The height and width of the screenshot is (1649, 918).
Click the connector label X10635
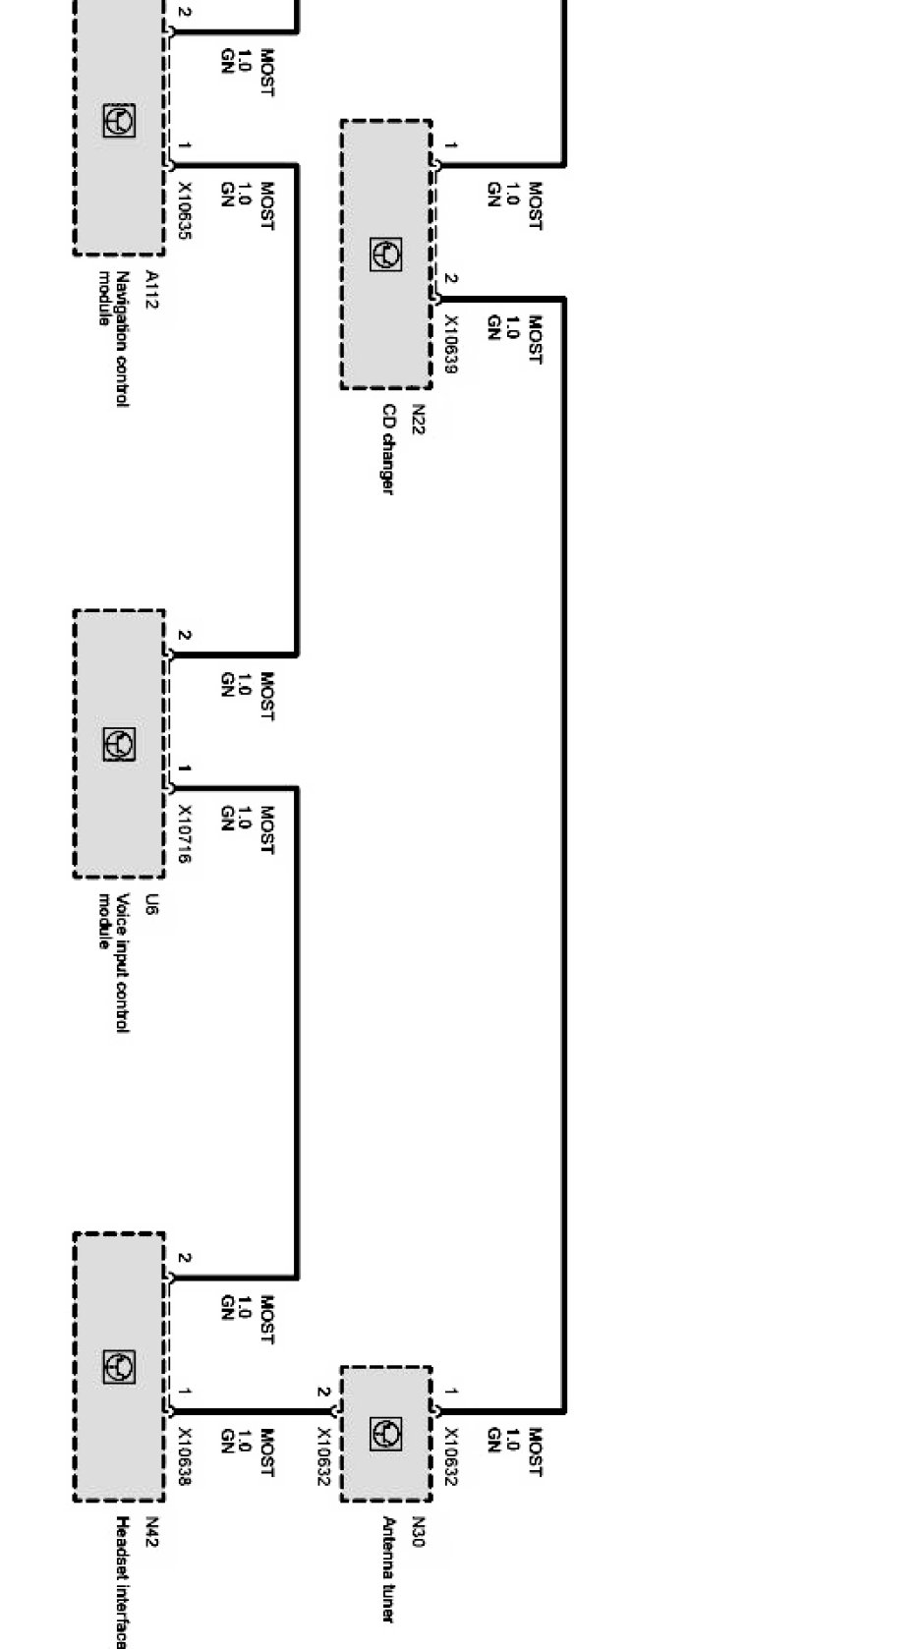pos(184,211)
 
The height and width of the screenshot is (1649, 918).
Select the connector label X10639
pos(451,344)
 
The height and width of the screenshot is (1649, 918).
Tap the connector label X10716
pos(184,834)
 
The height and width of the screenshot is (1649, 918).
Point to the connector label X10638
pos(184,1456)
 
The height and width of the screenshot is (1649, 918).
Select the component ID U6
pos(150,904)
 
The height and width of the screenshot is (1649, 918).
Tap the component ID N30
pos(418,1532)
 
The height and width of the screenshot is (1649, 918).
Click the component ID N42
pos(150,1532)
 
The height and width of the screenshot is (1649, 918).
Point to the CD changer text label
pos(388,449)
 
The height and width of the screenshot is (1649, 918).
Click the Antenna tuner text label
pos(388,1569)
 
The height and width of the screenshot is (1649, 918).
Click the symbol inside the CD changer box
pos(386,254)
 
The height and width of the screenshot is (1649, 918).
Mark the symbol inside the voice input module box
pos(119,744)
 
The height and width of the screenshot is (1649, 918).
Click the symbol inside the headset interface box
pos(119,1366)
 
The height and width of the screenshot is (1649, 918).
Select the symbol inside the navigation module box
pos(119,120)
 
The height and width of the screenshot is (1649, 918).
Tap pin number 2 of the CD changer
pos(450,279)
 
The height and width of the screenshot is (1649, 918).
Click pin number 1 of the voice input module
pos(184,768)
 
